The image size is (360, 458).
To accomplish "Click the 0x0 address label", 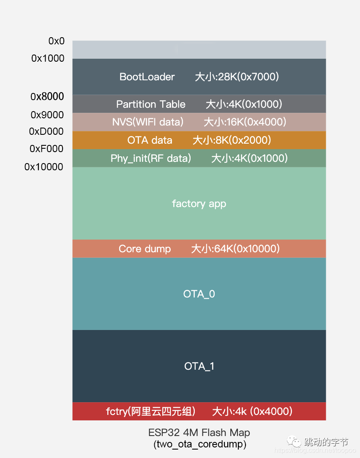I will [56, 41].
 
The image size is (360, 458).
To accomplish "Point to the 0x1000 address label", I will [48, 58].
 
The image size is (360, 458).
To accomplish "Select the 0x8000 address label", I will [47, 97].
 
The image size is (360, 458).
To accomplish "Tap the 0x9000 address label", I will [47, 115].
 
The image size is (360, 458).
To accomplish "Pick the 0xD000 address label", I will [46, 132].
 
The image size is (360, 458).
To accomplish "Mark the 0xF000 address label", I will [46, 149].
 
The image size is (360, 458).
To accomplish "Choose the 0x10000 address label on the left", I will [44, 167].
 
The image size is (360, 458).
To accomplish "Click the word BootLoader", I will [147, 77].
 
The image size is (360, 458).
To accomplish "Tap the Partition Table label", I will [151, 104].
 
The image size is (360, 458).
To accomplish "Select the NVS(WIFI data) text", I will [148, 122].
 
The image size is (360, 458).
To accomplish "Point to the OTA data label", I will [150, 140].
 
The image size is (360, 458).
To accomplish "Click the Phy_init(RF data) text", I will [151, 158].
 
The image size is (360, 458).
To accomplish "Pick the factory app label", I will [199, 204].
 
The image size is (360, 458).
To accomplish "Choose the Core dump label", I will [145, 249].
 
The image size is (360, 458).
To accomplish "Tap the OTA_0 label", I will [199, 294].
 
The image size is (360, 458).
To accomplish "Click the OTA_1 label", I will [199, 366].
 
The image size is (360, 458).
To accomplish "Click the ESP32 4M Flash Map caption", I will [199, 433].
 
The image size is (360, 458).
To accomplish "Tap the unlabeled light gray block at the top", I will [199, 50].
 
